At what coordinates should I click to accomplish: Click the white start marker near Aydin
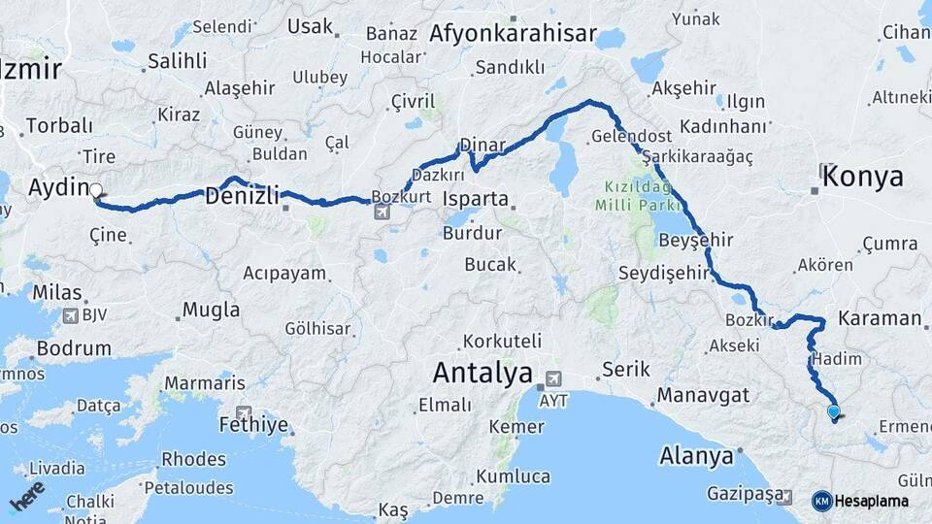(x=96, y=190)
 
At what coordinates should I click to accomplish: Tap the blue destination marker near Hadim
(x=833, y=411)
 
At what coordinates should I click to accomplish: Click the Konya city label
(x=862, y=177)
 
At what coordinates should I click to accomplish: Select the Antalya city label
(x=483, y=372)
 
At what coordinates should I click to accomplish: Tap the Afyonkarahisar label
(x=513, y=34)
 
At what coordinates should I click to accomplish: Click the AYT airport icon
(x=553, y=378)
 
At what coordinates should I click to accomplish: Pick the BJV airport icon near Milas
(x=71, y=315)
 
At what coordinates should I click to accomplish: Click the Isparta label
(x=475, y=199)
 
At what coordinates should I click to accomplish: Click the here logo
(x=27, y=496)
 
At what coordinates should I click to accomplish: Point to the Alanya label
(x=695, y=455)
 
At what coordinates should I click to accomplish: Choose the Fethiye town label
(x=254, y=424)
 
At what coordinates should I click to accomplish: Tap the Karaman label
(x=879, y=318)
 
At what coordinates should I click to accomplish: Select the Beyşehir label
(x=694, y=239)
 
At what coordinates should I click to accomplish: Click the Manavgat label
(x=703, y=395)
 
